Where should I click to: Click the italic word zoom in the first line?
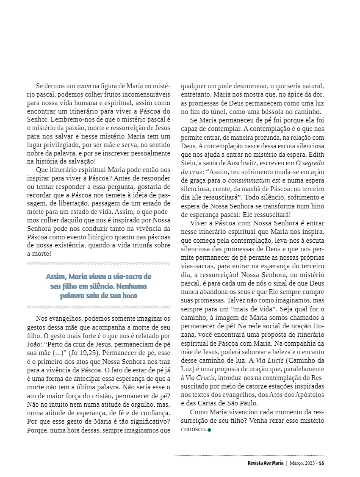pos(83,85)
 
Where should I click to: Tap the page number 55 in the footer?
pos(322,463)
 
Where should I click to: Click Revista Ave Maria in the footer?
pos(266,463)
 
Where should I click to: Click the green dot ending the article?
pos(209,430)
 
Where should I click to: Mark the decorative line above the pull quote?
pos(99,263)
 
